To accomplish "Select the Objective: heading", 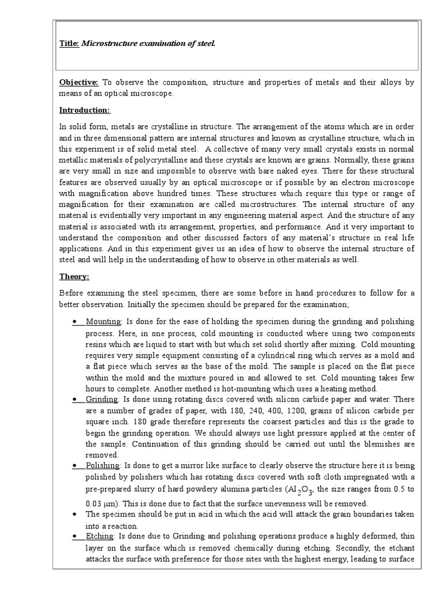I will point(79,83).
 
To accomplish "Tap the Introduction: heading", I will point(84,110).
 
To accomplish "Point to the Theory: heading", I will point(74,277).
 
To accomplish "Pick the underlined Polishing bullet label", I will point(102,465).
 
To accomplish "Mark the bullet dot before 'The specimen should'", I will point(76,514).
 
